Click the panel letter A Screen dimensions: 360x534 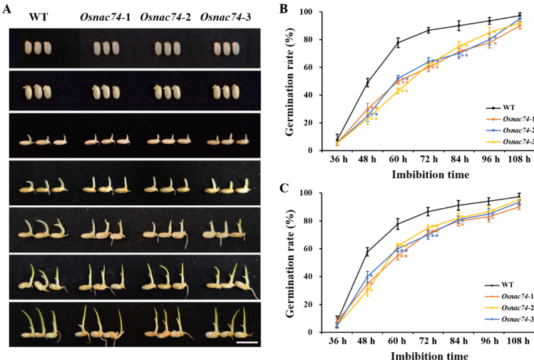point(8,10)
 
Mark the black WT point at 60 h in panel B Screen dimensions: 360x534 point(398,43)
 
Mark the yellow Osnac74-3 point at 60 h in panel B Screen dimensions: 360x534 point(398,90)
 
